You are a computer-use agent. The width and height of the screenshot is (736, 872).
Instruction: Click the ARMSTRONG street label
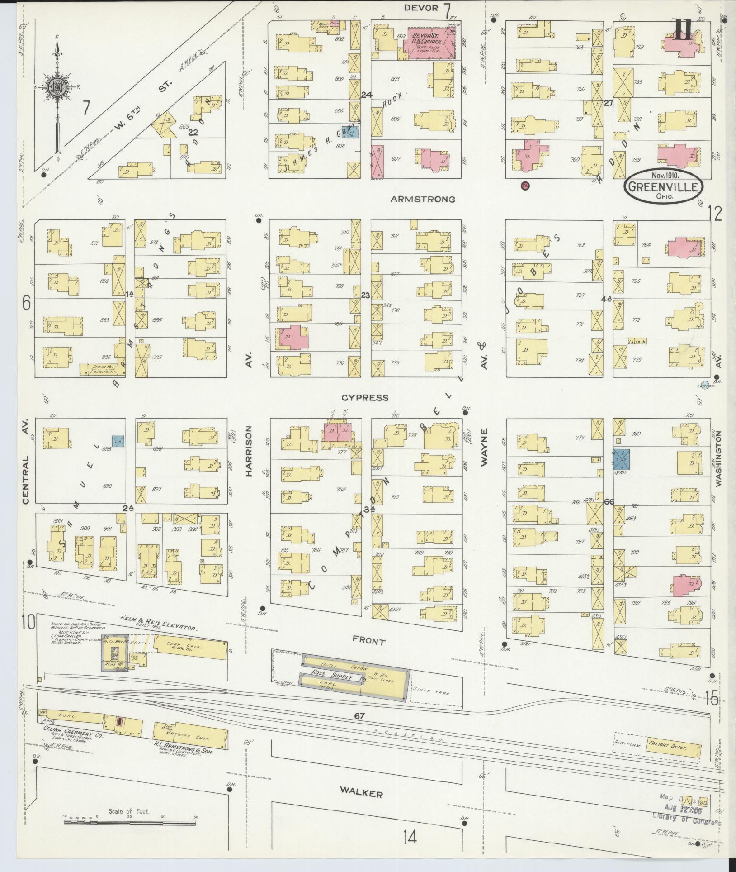pos(423,199)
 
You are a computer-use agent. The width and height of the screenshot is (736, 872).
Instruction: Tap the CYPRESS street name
pos(365,398)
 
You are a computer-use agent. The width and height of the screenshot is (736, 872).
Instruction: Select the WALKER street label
pos(362,794)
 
